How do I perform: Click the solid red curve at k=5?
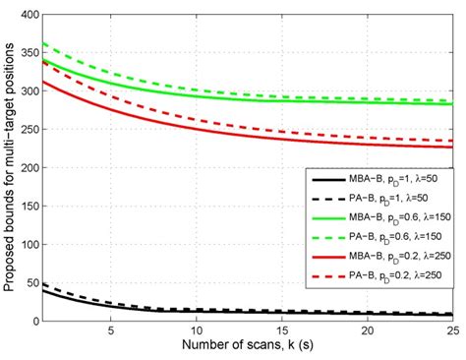point(111,111)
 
